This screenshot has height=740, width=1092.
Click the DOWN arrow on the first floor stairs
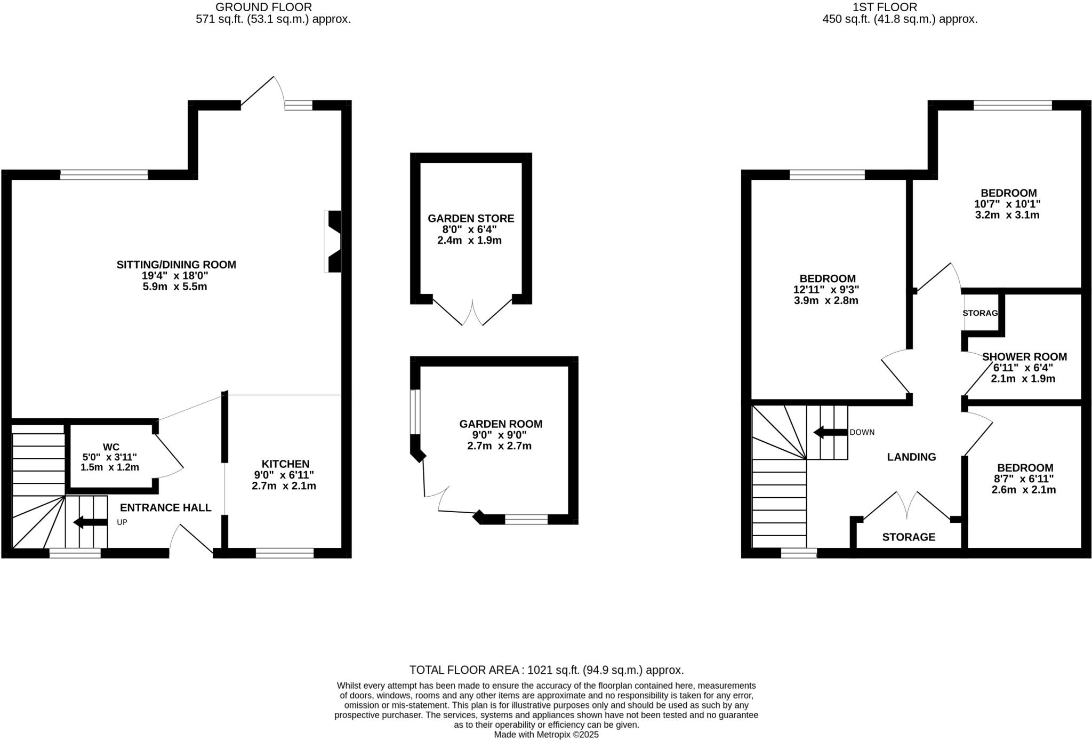[x=830, y=432]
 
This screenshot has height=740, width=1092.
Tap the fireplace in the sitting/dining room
[x=333, y=242]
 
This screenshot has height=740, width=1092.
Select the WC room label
[x=111, y=447]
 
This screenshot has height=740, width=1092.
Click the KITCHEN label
[x=285, y=464]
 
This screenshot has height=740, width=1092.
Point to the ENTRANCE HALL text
[x=165, y=507]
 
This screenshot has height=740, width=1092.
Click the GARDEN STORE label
[x=471, y=218]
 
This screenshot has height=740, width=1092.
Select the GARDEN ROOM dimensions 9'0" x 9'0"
[x=501, y=435]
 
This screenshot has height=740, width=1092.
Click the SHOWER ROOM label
[x=1024, y=356]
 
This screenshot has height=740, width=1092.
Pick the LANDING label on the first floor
[x=911, y=457]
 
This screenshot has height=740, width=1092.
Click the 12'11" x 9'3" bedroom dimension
[x=826, y=289]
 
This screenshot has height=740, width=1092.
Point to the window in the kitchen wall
[x=285, y=553]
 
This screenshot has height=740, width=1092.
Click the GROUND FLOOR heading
[x=263, y=7]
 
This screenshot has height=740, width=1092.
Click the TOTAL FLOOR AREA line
[x=546, y=670]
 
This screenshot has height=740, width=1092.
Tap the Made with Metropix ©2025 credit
[x=546, y=735]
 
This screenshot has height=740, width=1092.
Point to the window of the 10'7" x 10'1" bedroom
[x=1013, y=105]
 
